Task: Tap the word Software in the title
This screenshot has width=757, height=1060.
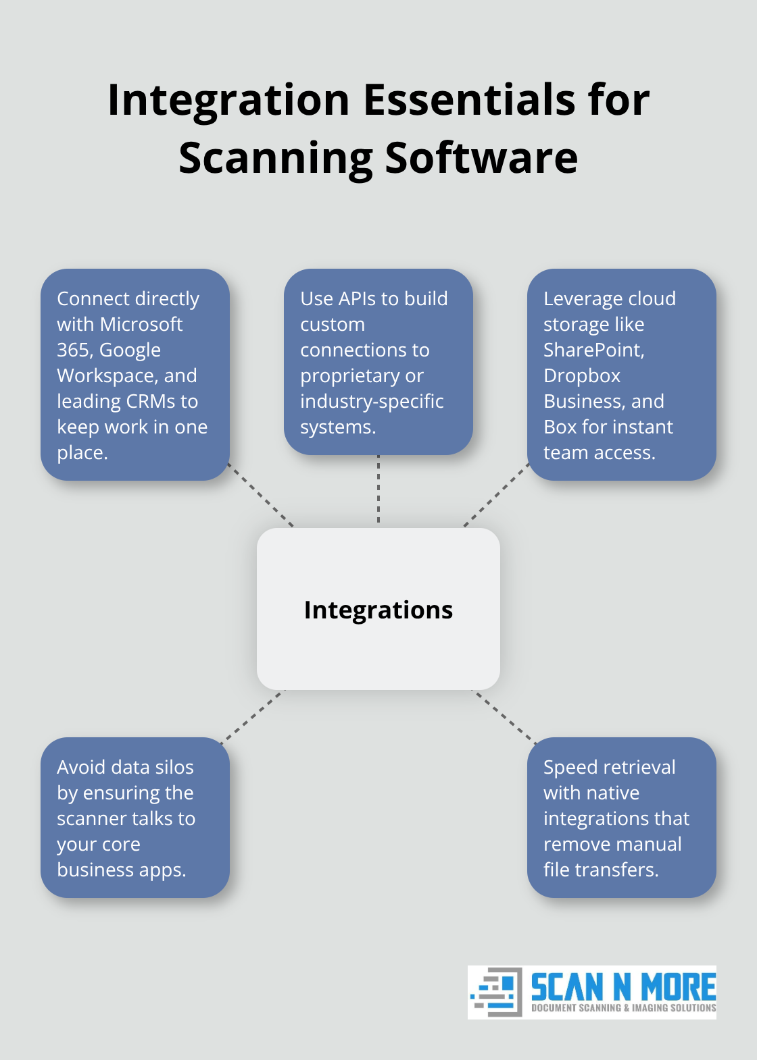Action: click(x=481, y=158)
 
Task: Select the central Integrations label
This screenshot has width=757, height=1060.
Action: click(x=378, y=610)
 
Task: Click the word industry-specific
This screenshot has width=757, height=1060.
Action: click(x=372, y=401)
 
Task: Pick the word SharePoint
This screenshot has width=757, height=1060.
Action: click(x=593, y=350)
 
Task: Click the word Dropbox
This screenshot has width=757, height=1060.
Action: click(x=582, y=375)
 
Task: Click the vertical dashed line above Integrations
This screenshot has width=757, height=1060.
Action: click(x=378, y=490)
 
